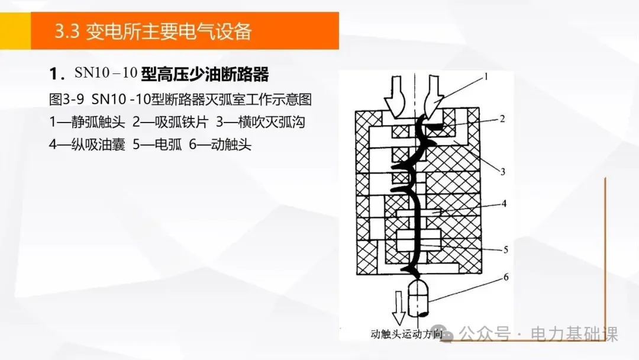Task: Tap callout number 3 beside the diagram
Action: pyautogui.click(x=502, y=172)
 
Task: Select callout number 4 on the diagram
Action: pyautogui.click(x=504, y=204)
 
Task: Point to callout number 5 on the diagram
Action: pyautogui.click(x=505, y=249)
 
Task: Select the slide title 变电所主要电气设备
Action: pyautogui.click(x=169, y=31)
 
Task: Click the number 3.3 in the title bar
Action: pyautogui.click(x=66, y=31)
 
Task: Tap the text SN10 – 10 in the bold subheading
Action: pyautogui.click(x=106, y=73)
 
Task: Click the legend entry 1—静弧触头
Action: pyautogui.click(x=87, y=121)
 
